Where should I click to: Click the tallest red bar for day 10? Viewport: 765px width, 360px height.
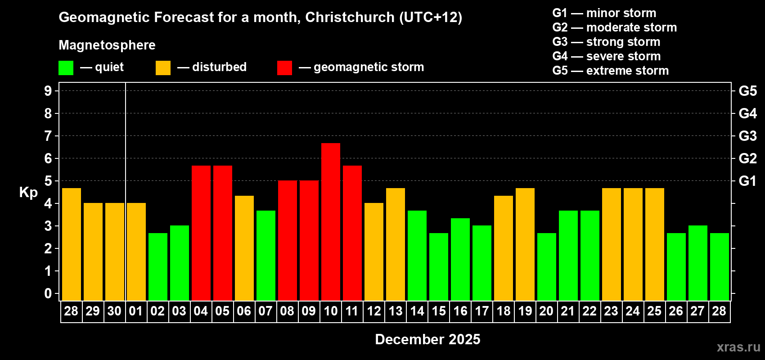pos(331,221)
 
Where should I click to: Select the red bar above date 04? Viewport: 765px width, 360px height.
pos(201,233)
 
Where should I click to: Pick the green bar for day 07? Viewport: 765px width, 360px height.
pos(266,255)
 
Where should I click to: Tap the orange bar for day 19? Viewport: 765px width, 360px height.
pos(525,244)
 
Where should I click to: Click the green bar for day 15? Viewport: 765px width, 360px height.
pos(439,266)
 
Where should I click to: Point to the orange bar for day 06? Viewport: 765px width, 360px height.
pos(244,248)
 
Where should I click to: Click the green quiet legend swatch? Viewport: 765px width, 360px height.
pos(66,68)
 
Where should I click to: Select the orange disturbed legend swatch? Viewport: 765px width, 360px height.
pos(163,68)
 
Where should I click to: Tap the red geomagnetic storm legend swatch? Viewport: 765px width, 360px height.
pos(284,68)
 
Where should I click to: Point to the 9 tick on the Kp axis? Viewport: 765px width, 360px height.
pos(48,91)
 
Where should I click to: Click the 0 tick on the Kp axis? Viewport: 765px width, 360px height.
pos(48,294)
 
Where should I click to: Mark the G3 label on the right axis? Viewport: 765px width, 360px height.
pos(747,136)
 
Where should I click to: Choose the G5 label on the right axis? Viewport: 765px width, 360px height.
pos(747,91)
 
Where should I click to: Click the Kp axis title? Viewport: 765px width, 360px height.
pos(28,193)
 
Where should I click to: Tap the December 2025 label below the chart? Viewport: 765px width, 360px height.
pos(427,339)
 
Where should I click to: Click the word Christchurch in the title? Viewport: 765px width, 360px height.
pos(350,17)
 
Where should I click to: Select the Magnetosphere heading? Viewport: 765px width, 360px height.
pos(107,45)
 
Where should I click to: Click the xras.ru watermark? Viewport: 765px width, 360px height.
pos(738,347)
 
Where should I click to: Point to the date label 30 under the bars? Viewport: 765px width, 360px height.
pos(114,311)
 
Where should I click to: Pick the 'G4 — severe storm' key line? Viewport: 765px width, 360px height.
pos(606,56)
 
